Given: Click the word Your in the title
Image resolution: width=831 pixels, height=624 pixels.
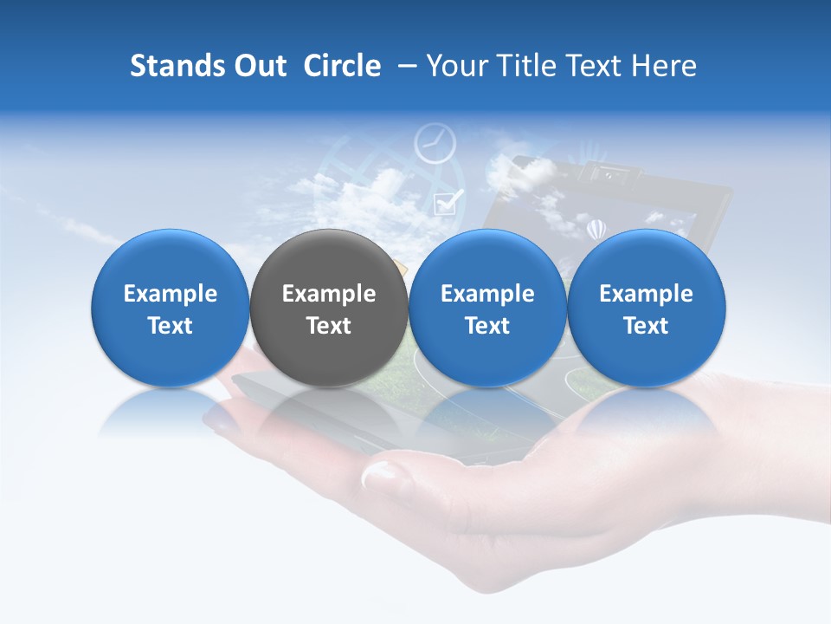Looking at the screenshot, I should (x=454, y=66).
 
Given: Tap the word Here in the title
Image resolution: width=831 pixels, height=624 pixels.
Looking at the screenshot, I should (x=664, y=66).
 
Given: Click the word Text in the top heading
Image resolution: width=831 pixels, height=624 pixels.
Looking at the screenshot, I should (x=594, y=66).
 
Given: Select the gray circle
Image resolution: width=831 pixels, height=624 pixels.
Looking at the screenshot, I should (x=329, y=309).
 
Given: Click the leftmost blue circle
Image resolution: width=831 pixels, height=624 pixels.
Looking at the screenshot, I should (x=171, y=309).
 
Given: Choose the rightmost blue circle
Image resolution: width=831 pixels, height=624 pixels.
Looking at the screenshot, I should (x=646, y=309).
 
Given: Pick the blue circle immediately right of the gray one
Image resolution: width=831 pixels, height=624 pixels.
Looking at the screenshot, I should (x=487, y=309).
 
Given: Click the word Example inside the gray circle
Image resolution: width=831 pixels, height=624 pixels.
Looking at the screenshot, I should (x=329, y=294).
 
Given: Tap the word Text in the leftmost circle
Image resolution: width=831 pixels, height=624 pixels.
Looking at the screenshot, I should (x=171, y=326).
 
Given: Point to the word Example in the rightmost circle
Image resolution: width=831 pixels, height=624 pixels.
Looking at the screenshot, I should (x=646, y=294).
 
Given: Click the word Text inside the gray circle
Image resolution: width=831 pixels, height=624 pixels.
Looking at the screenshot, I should (x=329, y=326).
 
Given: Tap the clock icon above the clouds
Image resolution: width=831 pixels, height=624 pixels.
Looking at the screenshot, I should (x=435, y=143).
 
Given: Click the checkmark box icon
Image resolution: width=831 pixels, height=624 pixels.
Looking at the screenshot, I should (x=446, y=203).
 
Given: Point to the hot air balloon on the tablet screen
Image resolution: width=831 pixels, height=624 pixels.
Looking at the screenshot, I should (x=596, y=230).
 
